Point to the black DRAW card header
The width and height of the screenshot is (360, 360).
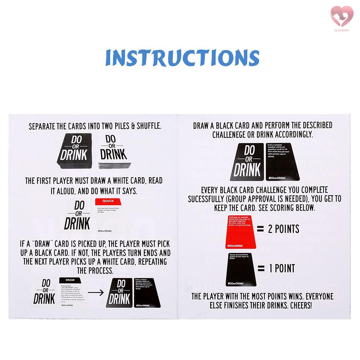pos(71,280)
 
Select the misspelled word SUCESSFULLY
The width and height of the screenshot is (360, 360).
pos(210,199)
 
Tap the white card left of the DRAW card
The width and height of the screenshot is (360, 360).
pos(45,292)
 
